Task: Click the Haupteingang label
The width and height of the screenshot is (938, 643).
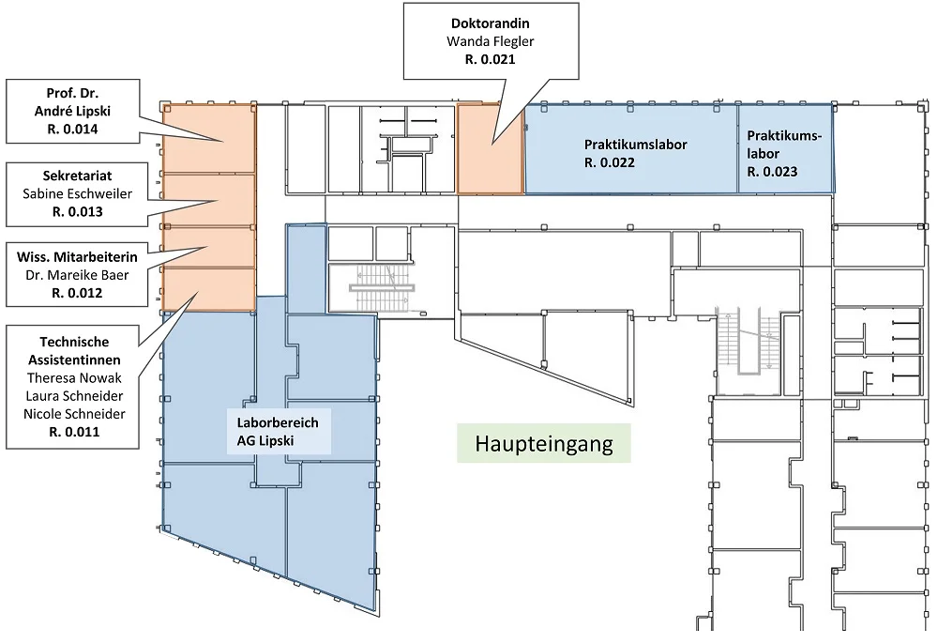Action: pos(544,444)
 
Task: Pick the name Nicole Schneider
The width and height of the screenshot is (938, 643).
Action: pos(74,414)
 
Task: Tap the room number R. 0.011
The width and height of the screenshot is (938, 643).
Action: pos(74,432)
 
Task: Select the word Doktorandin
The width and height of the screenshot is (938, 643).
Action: pos(491,23)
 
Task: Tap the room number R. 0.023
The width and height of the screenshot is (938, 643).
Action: pos(772,172)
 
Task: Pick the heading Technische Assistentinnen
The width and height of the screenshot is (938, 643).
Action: pos(74,351)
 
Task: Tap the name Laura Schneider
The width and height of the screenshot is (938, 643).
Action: pos(74,396)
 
